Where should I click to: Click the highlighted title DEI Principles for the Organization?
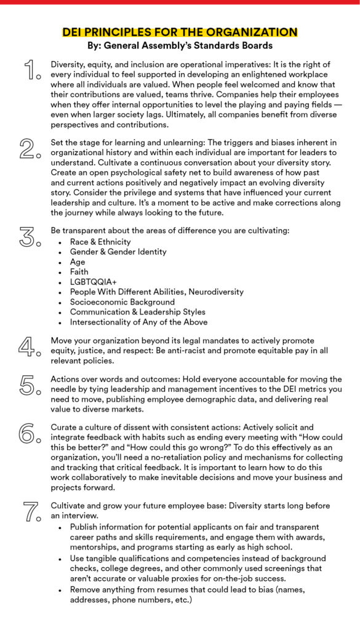pyautogui.click(x=180, y=32)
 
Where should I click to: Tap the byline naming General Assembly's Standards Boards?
pyautogui.click(x=180, y=45)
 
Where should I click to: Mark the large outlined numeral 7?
pyautogui.click(x=31, y=511)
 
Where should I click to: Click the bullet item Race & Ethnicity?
pyautogui.click(x=100, y=242)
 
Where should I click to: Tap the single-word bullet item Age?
pyautogui.click(x=78, y=261)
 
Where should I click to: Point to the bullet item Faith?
pyautogui.click(x=79, y=271)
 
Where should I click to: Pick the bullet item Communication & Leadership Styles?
pyautogui.click(x=138, y=312)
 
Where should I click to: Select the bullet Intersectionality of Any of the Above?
pyautogui.click(x=138, y=322)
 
